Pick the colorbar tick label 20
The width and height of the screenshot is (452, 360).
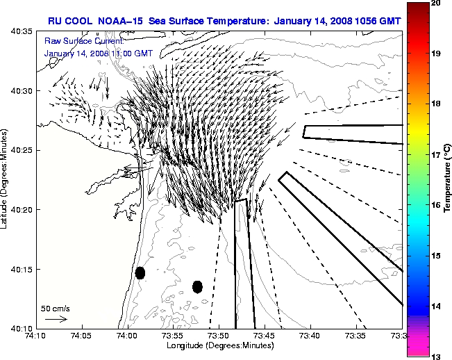point(416,4)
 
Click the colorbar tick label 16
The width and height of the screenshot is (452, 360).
point(416,206)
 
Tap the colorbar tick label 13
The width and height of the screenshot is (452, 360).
point(416,357)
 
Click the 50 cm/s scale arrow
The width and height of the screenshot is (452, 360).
point(56,319)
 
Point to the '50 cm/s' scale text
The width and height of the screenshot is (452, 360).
point(56,308)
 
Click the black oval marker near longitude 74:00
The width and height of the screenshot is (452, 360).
point(140,272)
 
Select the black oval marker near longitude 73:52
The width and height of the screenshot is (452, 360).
point(197,286)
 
